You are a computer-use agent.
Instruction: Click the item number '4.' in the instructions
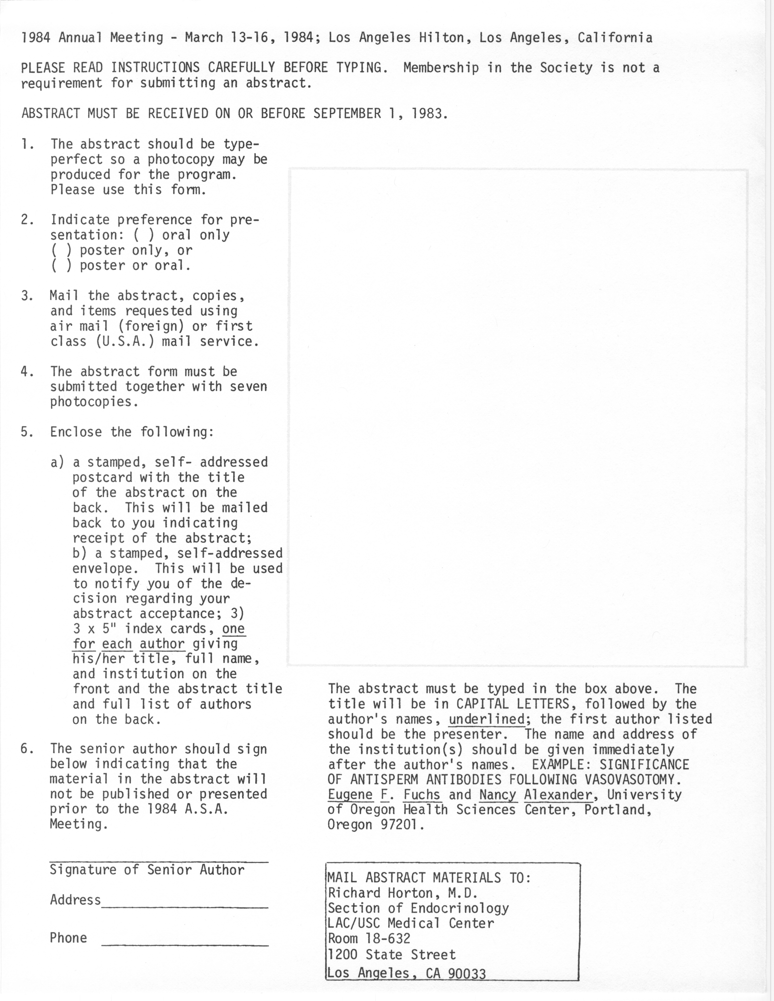27,371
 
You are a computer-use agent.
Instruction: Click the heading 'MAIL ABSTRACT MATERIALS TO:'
429,878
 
